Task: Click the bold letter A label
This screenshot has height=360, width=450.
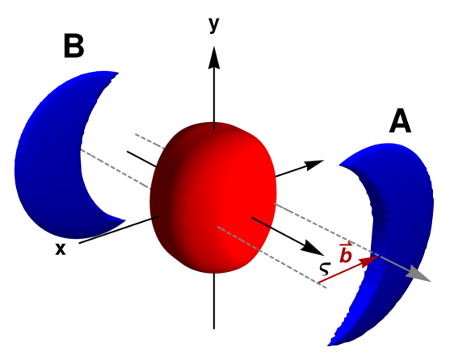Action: [x=402, y=121]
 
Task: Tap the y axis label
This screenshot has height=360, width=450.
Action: [x=213, y=24]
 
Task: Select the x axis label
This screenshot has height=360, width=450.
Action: [x=60, y=250]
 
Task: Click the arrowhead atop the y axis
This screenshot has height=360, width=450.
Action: [x=213, y=57]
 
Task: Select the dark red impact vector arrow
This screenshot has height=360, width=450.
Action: [x=347, y=270]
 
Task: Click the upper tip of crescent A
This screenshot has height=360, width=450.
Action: [x=344, y=165]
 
